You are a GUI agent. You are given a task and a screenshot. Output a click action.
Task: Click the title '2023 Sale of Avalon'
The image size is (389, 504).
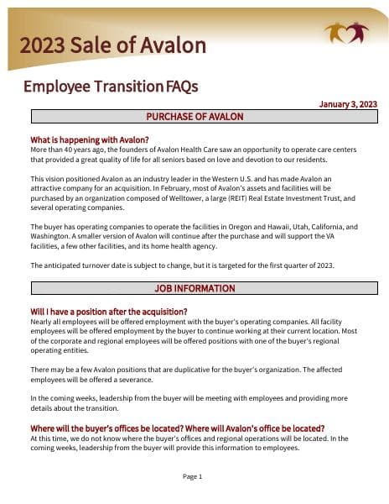tap(112, 45)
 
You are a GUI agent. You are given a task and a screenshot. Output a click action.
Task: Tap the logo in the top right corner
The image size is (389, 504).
tap(346, 34)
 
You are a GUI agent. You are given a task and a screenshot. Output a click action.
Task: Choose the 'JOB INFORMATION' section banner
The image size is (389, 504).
tap(194, 288)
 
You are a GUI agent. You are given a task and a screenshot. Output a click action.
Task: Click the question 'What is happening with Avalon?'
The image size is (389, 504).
tap(90, 139)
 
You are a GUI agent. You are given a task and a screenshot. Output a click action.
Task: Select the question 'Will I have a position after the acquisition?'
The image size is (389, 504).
tap(109, 312)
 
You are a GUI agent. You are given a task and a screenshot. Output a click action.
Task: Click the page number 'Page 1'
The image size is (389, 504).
tap(193, 476)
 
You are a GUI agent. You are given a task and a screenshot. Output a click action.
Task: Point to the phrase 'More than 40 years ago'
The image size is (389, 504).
tap(68, 149)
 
